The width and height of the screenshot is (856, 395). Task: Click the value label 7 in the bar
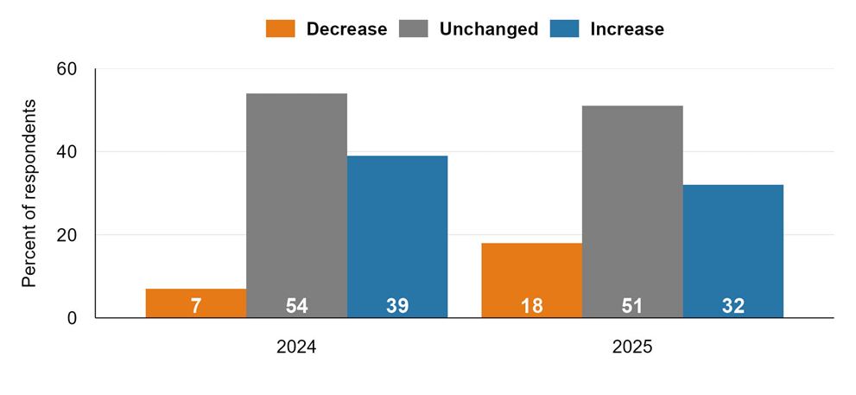pyautogui.click(x=196, y=306)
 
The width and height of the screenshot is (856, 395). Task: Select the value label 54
pyautogui.click(x=296, y=306)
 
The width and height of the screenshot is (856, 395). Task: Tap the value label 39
pyautogui.click(x=397, y=306)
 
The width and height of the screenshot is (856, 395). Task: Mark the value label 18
pyautogui.click(x=532, y=306)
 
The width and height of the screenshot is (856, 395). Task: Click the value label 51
pyautogui.click(x=633, y=306)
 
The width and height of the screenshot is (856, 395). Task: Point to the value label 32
pyautogui.click(x=733, y=306)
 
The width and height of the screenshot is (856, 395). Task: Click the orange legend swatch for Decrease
pyautogui.click(x=281, y=29)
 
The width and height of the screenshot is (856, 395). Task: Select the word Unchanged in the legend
pyautogui.click(x=488, y=29)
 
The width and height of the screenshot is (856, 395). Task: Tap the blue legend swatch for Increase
pyautogui.click(x=565, y=29)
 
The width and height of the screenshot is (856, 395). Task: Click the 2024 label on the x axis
pyautogui.click(x=296, y=347)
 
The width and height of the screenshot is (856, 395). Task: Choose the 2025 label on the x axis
pyautogui.click(x=632, y=347)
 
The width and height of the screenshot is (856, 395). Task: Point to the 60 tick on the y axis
pyautogui.click(x=67, y=69)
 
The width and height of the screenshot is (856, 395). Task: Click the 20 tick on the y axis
pyautogui.click(x=67, y=235)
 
